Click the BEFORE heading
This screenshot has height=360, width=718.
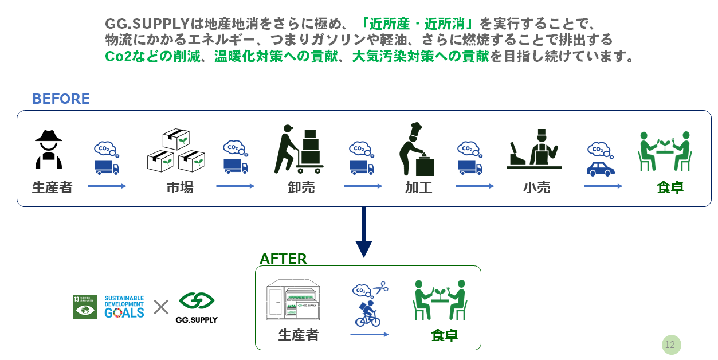pyautogui.click(x=61, y=99)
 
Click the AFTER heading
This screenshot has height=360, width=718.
pyautogui.click(x=283, y=259)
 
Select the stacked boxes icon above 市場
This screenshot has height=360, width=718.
pyautogui.click(x=176, y=150)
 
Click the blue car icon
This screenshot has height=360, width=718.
pyautogui.click(x=601, y=169)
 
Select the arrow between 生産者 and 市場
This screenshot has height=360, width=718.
pyautogui.click(x=107, y=186)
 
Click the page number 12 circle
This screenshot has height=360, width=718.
pyautogui.click(x=670, y=345)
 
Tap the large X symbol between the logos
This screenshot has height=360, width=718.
pyautogui.click(x=161, y=307)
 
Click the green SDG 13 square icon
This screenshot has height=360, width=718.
pyautogui.click(x=85, y=307)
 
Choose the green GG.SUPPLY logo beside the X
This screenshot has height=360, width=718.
pyautogui.click(x=197, y=307)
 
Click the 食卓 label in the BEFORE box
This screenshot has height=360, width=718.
pyautogui.click(x=670, y=187)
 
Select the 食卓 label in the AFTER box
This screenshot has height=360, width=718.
pyautogui.click(x=444, y=335)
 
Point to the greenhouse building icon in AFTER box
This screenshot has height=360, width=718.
pyautogui.click(x=293, y=302)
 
